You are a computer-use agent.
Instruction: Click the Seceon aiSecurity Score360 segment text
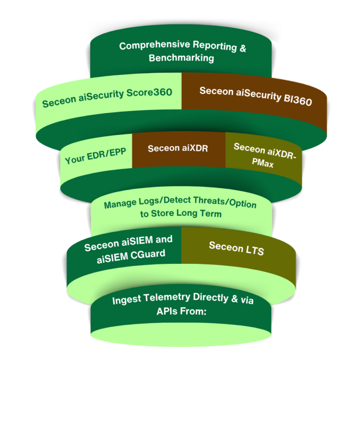tap(107, 97)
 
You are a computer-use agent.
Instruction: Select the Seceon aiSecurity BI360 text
tap(255, 96)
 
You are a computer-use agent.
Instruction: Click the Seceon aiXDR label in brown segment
tap(178, 149)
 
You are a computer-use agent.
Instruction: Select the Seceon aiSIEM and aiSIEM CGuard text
tap(128, 249)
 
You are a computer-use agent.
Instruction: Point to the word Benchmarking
tap(181, 58)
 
